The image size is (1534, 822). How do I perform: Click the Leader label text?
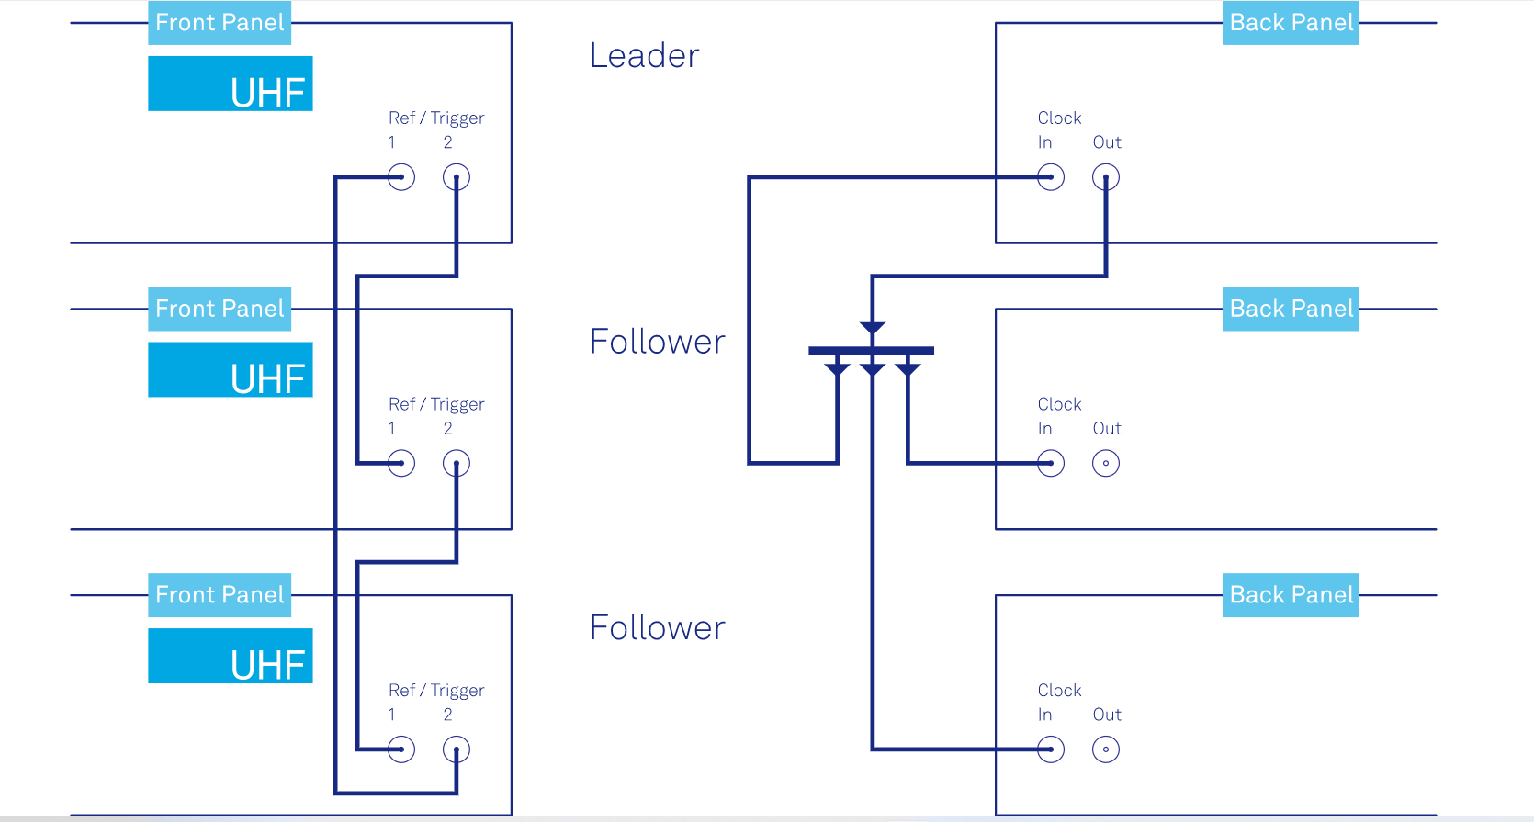[644, 56]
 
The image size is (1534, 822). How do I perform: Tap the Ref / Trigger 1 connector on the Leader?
[401, 177]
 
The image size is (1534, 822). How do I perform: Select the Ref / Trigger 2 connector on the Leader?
[457, 177]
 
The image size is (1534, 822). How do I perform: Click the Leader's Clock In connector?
[1051, 177]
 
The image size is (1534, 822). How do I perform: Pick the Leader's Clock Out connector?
[1106, 177]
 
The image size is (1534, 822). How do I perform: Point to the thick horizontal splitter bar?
[871, 351]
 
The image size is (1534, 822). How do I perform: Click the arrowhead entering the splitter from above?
[873, 328]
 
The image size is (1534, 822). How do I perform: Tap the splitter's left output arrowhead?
[837, 369]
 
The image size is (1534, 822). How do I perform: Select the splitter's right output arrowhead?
[908, 369]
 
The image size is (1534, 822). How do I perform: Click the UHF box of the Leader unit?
[231, 84]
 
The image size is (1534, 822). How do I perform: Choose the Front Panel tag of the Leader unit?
[220, 23]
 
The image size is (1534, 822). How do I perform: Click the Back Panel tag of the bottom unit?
[1291, 595]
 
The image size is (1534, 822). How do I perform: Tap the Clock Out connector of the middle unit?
[1106, 464]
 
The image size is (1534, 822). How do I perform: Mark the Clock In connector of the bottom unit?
[1051, 749]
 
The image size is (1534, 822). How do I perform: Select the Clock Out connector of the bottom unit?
[1106, 749]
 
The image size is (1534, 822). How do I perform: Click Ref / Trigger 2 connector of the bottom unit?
[457, 749]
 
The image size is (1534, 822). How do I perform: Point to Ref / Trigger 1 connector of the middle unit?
[401, 464]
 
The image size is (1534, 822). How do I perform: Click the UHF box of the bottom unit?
[231, 656]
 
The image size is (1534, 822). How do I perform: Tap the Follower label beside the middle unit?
[657, 342]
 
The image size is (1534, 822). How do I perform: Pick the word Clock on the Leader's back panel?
[1059, 118]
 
